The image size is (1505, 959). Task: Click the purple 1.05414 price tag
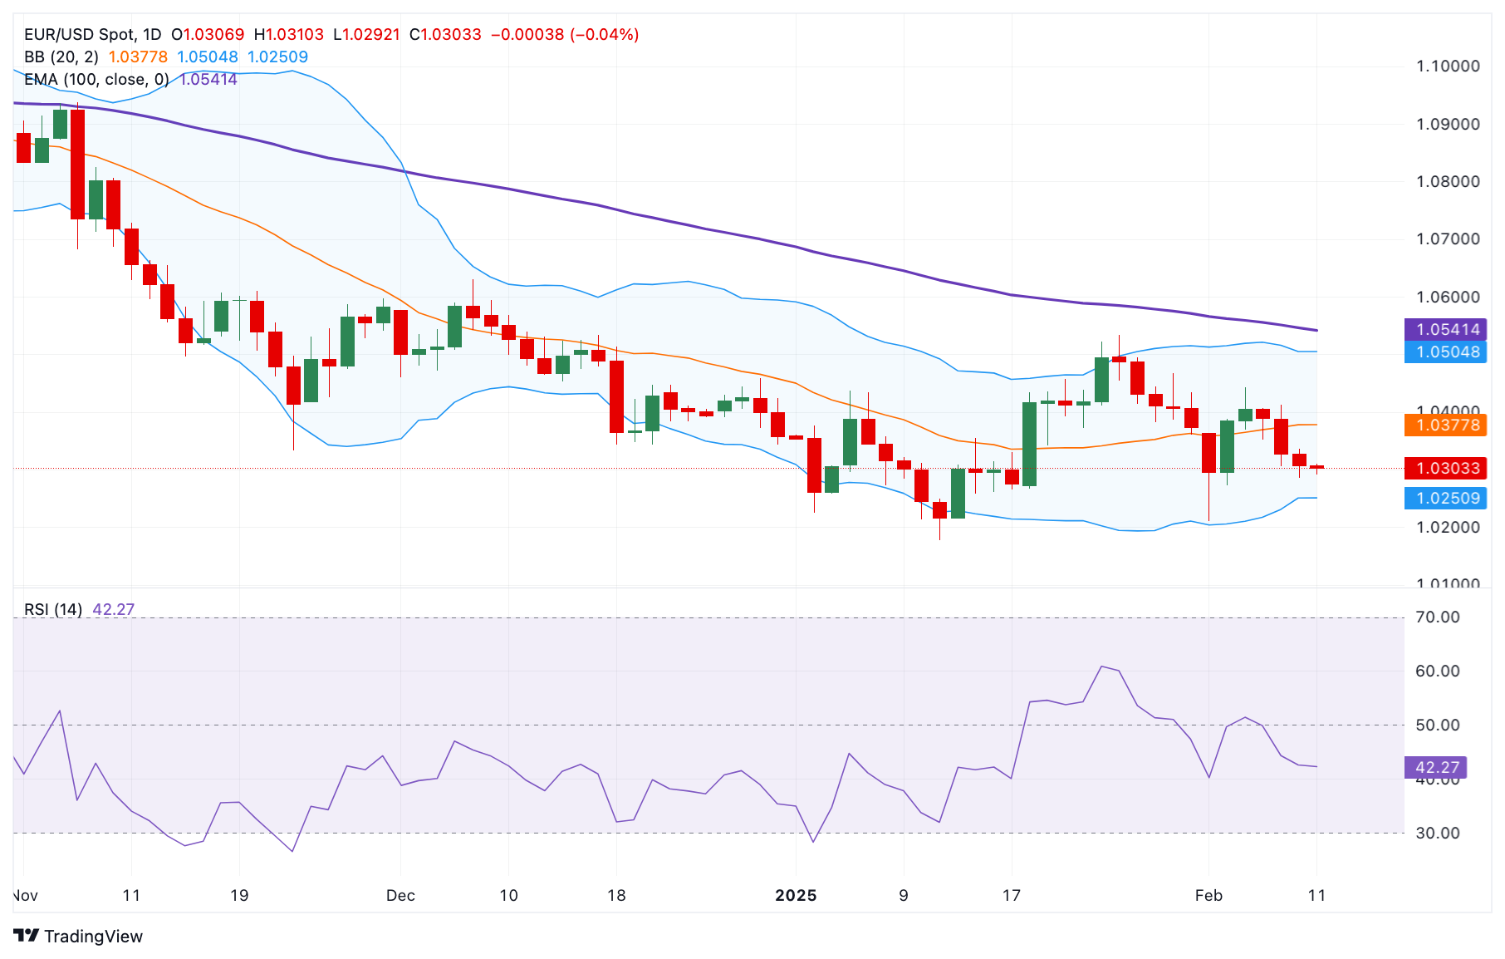point(1446,329)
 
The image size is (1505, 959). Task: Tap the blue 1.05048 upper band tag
point(1446,352)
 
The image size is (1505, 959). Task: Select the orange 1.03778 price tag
point(1446,425)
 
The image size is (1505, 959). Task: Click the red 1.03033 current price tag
point(1446,468)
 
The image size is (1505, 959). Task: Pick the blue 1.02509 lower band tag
point(1446,499)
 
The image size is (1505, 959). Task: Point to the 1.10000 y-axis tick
point(1448,66)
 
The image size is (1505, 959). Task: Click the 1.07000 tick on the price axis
point(1448,239)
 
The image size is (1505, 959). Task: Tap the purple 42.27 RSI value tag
point(1436,767)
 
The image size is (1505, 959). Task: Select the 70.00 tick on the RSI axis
point(1437,617)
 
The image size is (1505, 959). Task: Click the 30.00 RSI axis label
point(1437,833)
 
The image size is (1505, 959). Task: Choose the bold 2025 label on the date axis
point(796,896)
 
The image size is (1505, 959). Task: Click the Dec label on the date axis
point(400,896)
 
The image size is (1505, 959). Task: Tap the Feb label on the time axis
point(1208,896)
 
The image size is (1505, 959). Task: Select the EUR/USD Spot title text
point(80,35)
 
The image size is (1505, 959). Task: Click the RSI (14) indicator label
point(53,610)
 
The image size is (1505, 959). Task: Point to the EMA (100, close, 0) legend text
point(96,80)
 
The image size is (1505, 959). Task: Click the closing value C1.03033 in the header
point(445,35)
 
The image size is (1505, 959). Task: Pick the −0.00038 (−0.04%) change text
point(565,35)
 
